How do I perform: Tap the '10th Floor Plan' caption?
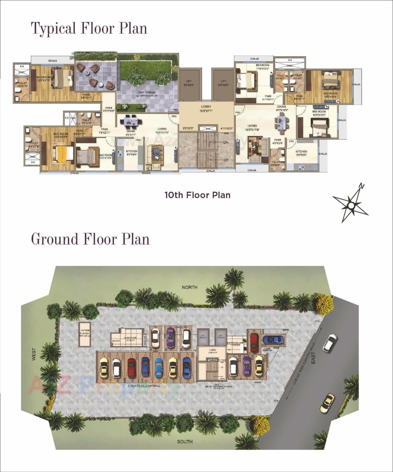click(197, 195)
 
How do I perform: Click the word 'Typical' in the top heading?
click(53, 28)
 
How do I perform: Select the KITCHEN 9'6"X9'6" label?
click(301, 153)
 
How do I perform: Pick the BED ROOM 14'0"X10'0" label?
click(330, 95)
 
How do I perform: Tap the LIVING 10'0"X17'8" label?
click(252, 128)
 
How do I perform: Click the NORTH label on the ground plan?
click(189, 287)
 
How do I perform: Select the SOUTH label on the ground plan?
click(185, 442)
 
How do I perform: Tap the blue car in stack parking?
click(273, 339)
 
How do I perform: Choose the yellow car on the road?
click(327, 402)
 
